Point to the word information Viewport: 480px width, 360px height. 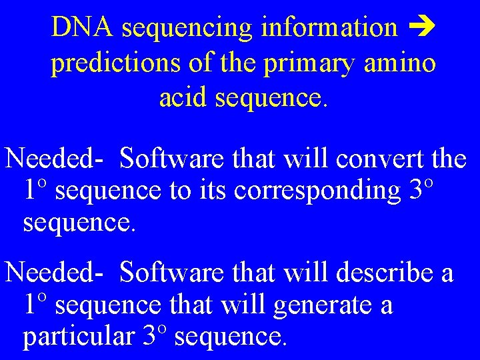(x=329, y=28)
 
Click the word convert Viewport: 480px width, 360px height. (x=375, y=159)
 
